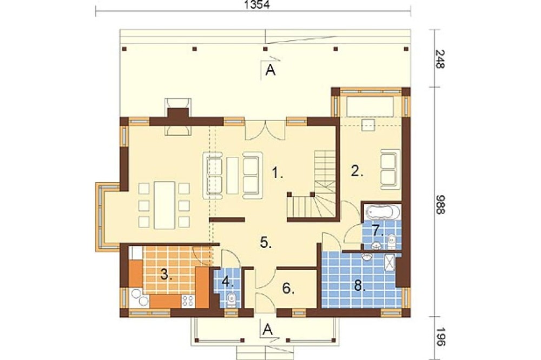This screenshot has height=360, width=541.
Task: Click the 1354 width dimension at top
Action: pos(256,5)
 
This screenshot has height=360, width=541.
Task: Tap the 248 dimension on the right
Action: pos(440,59)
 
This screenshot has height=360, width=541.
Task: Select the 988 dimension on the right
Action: pos(440,205)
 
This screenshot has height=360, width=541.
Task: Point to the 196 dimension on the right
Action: pos(440,337)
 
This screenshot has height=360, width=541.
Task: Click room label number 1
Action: pos(277,172)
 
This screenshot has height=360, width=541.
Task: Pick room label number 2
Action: pos(357,171)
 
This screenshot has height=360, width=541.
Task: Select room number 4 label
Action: pos(228,282)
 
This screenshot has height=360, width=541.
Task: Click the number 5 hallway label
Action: pos(266,242)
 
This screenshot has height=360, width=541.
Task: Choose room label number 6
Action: pos(288,288)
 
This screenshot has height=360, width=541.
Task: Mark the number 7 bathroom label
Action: pos(378,230)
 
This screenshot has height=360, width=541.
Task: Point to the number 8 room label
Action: pos(359,286)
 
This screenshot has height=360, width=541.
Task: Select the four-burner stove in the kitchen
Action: pos(188,301)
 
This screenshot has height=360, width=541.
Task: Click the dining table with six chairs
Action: pos(164,205)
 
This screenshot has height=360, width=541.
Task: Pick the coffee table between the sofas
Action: pos(233,175)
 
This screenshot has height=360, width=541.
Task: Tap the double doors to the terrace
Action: pos(265,130)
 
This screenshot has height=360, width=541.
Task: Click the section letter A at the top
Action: pos(270,71)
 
